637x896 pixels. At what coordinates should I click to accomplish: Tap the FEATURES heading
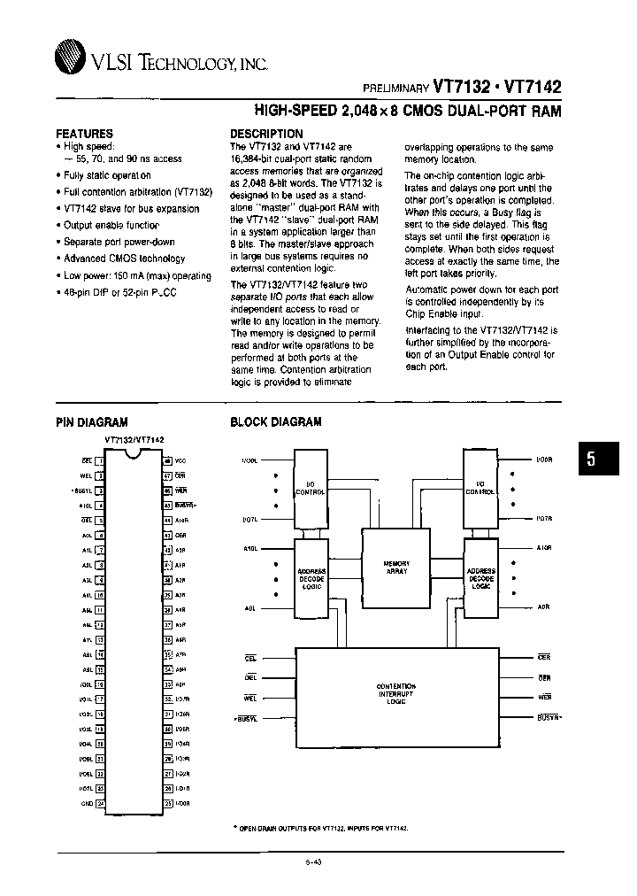[x=84, y=133]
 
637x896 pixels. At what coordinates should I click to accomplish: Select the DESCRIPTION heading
[x=266, y=134]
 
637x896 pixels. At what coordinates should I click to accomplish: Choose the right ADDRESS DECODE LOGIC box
[x=480, y=579]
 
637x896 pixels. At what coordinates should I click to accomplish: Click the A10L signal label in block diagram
[x=250, y=549]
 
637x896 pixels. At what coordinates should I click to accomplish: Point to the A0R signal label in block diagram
[x=543, y=607]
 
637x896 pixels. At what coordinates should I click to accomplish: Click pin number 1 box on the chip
[x=100, y=460]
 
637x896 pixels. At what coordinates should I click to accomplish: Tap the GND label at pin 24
[x=86, y=804]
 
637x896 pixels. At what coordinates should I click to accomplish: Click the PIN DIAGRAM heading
[x=92, y=423]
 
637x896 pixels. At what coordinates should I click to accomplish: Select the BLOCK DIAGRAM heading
[x=275, y=423]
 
